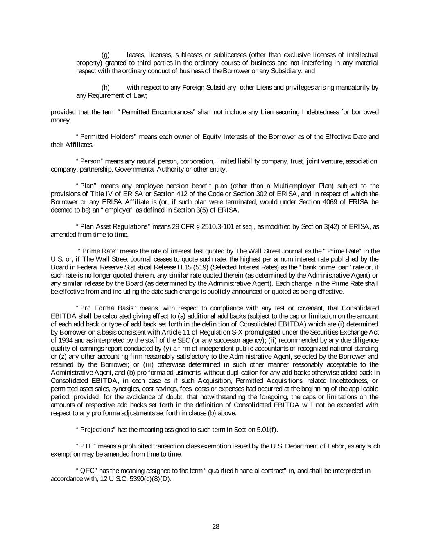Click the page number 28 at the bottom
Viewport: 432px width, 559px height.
point(216,527)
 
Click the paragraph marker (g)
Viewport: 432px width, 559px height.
point(105,55)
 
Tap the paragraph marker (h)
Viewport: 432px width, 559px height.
point(105,88)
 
